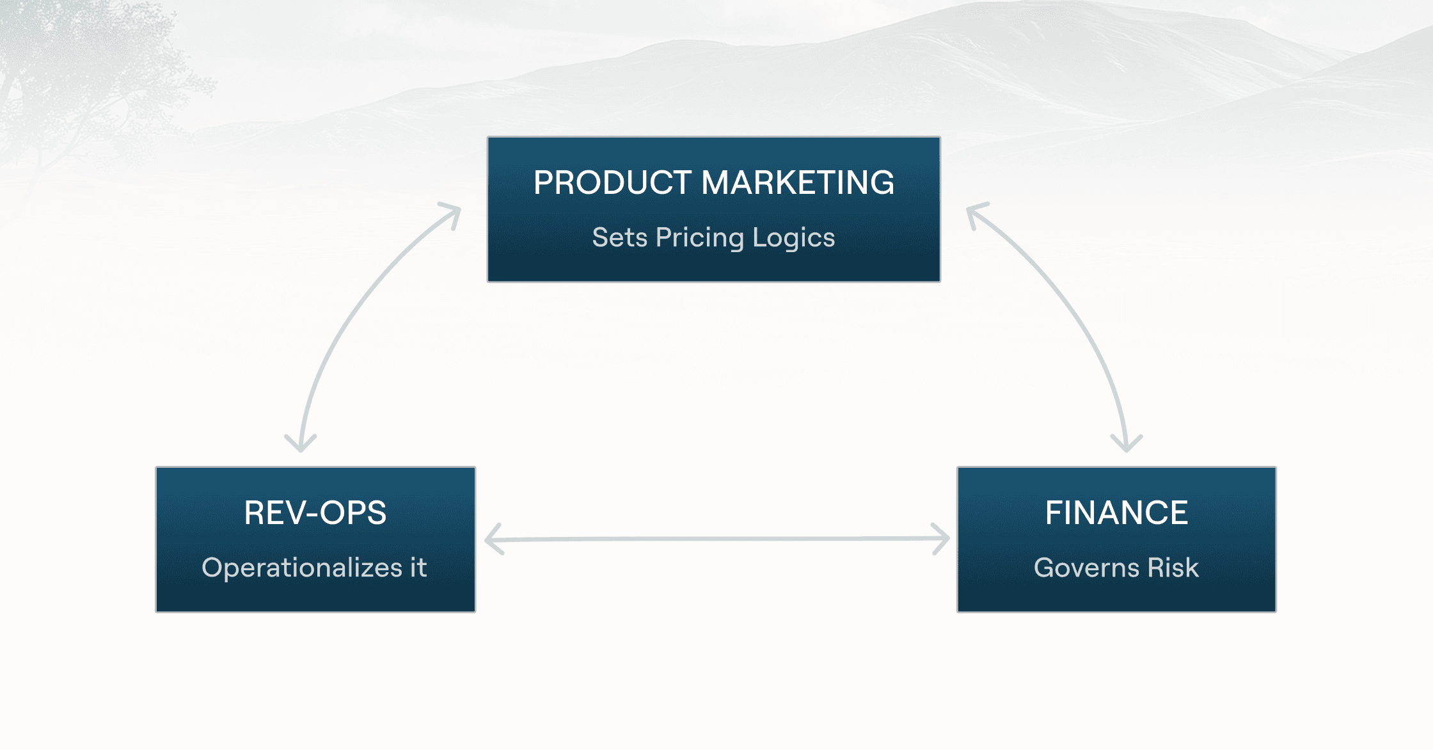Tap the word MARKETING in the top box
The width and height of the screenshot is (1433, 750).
coord(798,183)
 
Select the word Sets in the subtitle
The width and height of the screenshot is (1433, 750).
coord(619,237)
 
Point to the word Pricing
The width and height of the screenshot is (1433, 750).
coord(700,238)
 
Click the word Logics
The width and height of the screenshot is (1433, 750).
coord(793,238)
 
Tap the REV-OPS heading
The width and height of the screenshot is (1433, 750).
coord(315,513)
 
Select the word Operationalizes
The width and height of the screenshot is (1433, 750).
coord(302,568)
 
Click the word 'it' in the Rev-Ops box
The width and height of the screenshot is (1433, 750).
coord(418,568)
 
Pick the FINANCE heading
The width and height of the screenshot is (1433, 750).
coord(1116,513)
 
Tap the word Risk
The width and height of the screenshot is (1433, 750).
coord(1173,568)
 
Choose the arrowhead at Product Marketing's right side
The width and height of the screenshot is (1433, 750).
coord(974,211)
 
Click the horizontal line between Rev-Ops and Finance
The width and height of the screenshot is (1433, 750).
coord(716,539)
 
